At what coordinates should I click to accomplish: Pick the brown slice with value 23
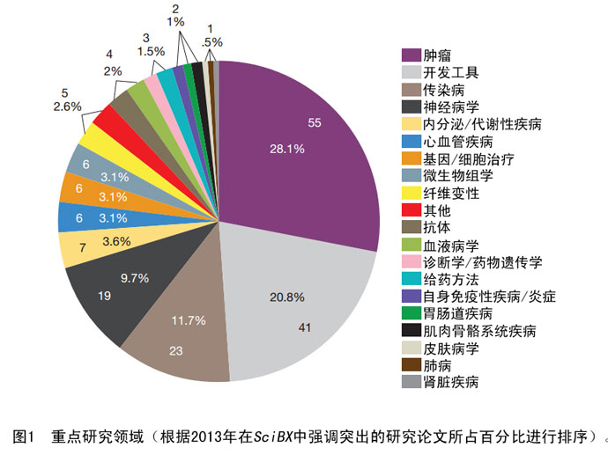coord(176,343)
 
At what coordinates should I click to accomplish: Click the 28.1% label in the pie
coord(287,150)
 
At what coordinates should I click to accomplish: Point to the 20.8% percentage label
coord(287,297)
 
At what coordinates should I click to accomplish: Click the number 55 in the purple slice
coord(315,121)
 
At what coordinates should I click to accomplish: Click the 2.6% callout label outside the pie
coord(67,106)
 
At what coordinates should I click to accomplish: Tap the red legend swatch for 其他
coord(409,210)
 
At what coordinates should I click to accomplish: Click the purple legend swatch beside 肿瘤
coord(409,55)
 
